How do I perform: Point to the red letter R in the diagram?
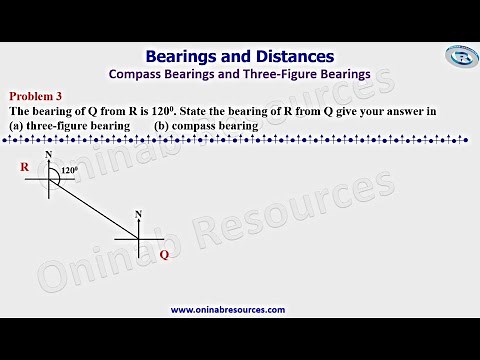pos(24,168)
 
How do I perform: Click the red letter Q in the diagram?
pos(164,254)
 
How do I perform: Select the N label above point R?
pos(49,156)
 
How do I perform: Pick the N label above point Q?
pos(138,215)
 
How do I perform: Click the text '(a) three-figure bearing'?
pos(69,126)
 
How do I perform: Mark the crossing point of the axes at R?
pos(49,179)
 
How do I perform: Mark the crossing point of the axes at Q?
pos(138,240)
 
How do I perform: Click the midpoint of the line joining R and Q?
pos(93,209)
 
